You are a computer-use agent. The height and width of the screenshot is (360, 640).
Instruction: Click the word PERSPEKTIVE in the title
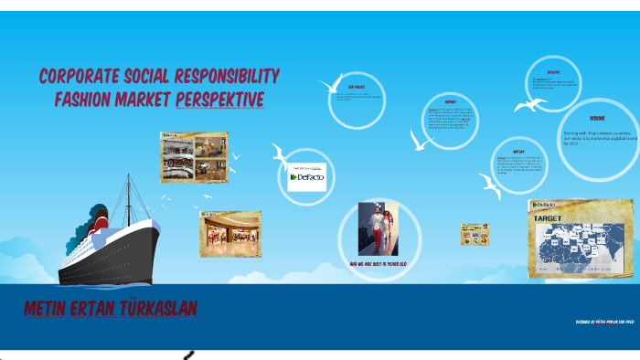(x=219, y=99)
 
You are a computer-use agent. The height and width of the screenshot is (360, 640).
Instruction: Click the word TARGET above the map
(x=548, y=219)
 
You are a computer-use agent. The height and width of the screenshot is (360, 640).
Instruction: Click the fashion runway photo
(x=378, y=228)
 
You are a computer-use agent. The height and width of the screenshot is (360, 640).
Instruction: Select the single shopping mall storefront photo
(x=230, y=234)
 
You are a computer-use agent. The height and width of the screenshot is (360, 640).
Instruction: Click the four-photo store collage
(x=194, y=157)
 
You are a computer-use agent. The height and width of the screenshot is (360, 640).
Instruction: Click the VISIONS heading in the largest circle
(x=597, y=119)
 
